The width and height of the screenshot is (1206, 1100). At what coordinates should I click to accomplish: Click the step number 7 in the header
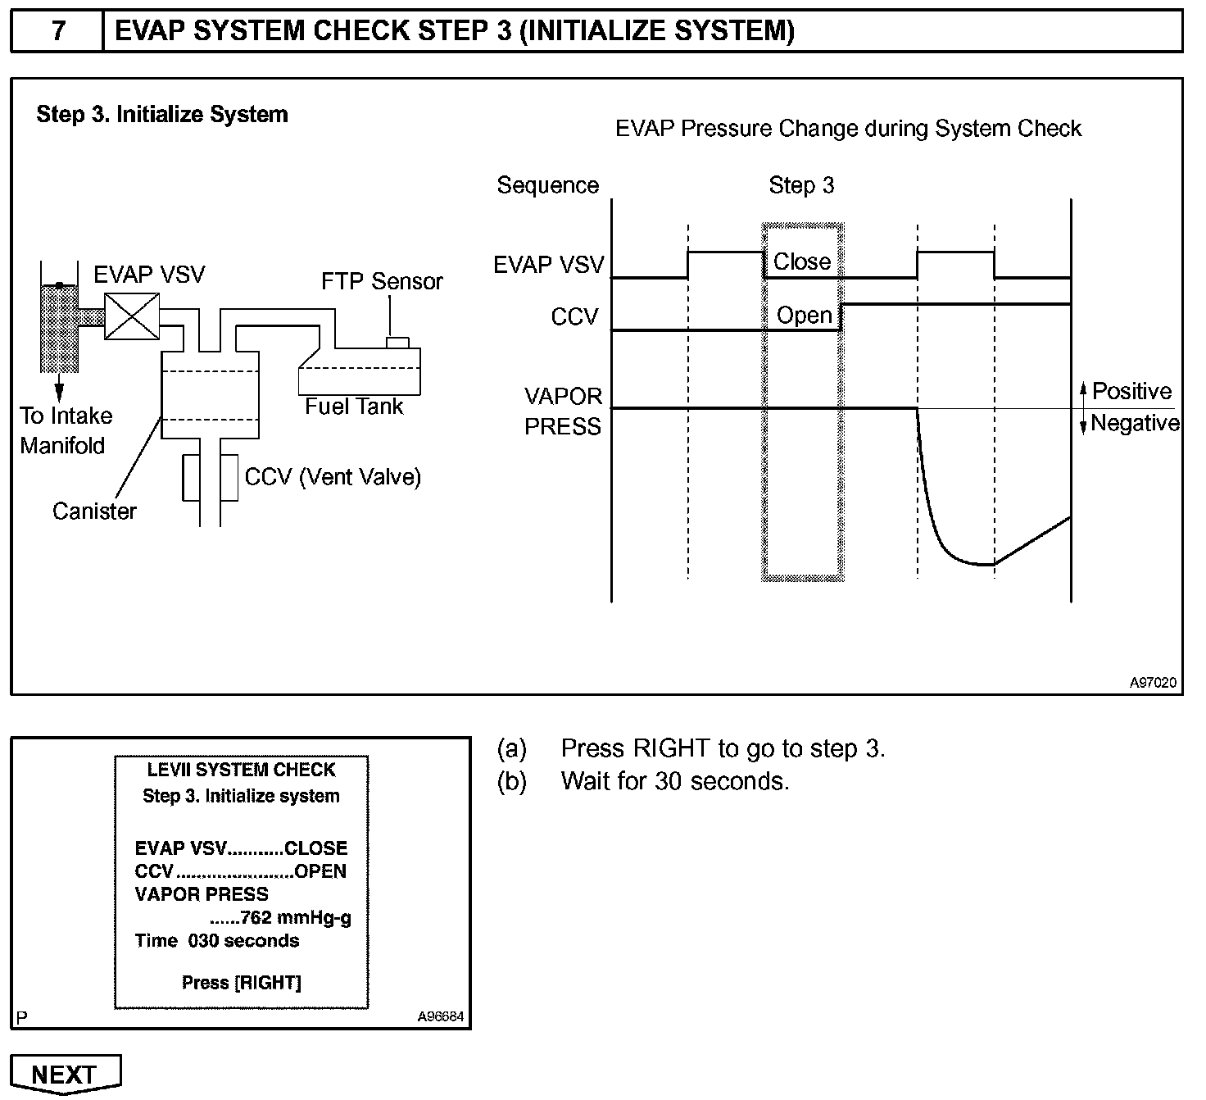coord(57,31)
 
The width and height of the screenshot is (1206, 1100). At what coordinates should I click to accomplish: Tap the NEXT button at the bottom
coord(65,1074)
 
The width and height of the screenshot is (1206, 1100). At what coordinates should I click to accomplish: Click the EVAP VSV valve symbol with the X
coord(132,316)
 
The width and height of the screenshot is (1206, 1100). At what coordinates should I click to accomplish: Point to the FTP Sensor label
coord(382,281)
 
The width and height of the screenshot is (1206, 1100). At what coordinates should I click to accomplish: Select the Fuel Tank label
coord(354,407)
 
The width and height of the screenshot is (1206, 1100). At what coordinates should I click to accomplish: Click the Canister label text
coord(94,511)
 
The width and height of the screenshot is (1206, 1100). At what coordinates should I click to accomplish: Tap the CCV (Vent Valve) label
coord(333,477)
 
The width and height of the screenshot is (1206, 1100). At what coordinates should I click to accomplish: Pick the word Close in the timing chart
coord(802,261)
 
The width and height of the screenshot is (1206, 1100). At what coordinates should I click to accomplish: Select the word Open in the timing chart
coord(804,316)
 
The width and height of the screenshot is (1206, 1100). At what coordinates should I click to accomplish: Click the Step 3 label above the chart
coord(801,185)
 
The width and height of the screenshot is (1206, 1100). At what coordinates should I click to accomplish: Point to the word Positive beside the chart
coord(1131,391)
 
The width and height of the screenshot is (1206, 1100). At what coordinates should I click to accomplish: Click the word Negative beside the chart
coord(1135,423)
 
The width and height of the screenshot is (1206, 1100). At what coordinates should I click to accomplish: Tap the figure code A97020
coord(1153,682)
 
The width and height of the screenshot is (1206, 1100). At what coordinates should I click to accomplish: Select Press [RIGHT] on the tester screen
coord(241,982)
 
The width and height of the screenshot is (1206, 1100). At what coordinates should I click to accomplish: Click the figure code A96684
coord(440,1016)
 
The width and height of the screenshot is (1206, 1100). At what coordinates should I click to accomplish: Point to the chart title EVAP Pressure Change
coord(848,129)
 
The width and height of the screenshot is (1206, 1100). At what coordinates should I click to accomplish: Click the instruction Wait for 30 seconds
coord(675,781)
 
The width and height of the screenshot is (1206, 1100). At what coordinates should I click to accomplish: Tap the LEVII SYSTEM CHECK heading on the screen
coord(241,770)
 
